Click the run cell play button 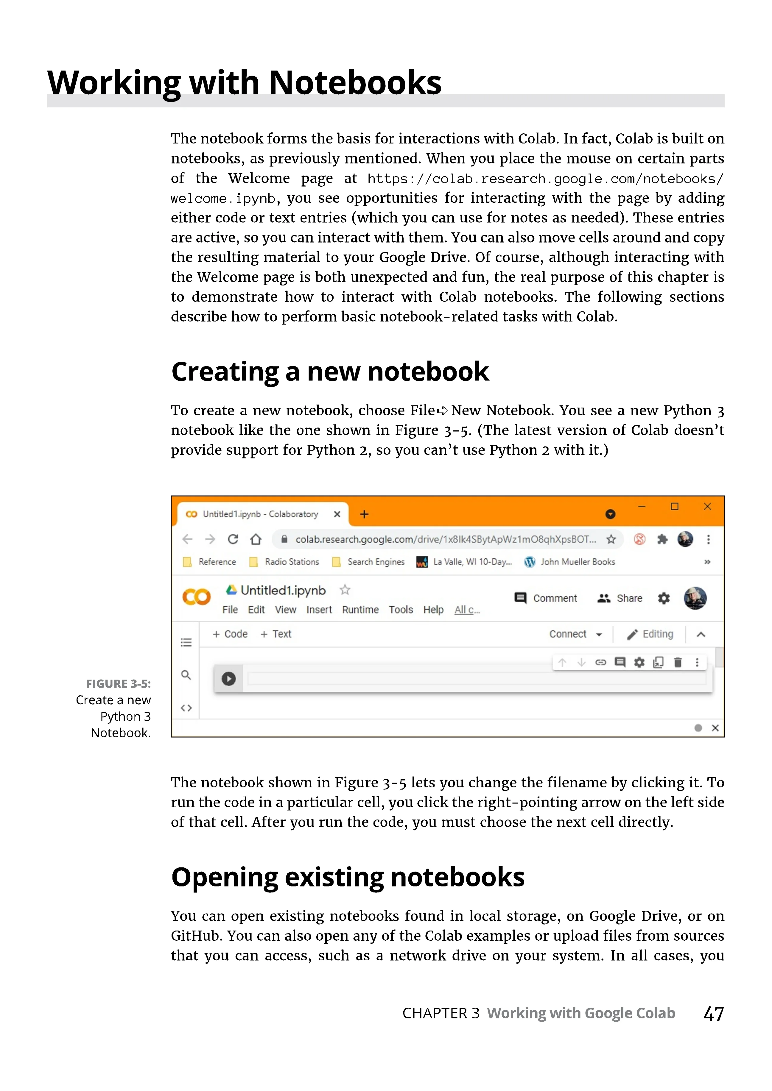tap(229, 678)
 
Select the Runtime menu tap(360, 610)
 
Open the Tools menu tap(401, 610)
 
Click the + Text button tap(276, 634)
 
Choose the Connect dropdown tap(575, 634)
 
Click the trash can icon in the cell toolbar tap(678, 662)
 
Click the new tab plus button tap(364, 514)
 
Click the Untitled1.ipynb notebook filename tap(283, 590)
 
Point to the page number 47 tap(714, 1014)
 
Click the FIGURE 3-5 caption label tap(118, 684)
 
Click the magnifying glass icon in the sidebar tap(186, 675)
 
